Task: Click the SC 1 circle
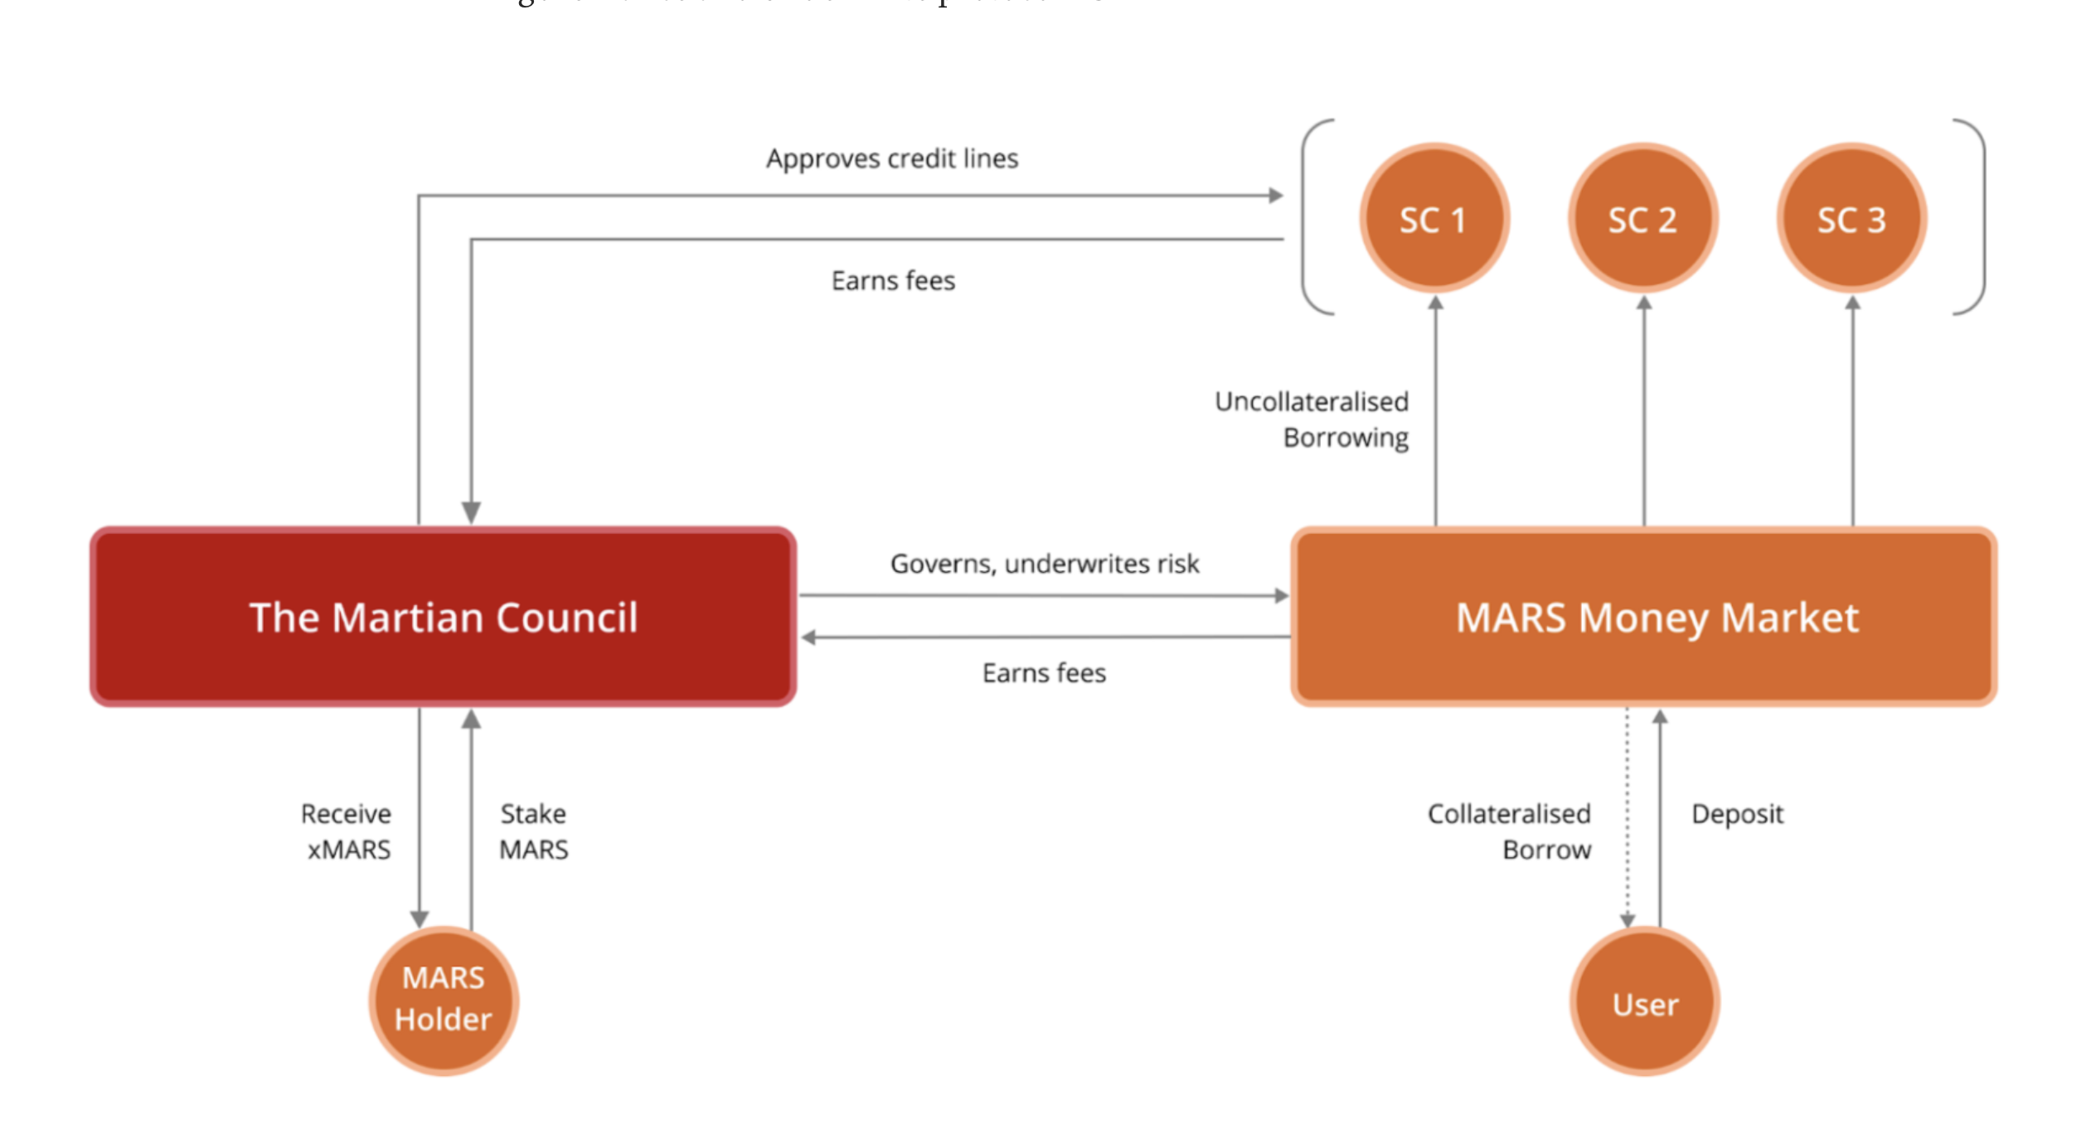pos(1434,218)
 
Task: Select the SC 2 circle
pos(1642,218)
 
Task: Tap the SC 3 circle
pos(1851,218)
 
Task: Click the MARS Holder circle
pos(444,1000)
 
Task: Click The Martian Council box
pos(444,617)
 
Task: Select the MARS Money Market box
pos(1643,617)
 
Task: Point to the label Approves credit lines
pos(892,158)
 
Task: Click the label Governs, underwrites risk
pos(1044,564)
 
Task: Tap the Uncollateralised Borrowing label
pos(1312,419)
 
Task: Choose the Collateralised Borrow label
pos(1509,831)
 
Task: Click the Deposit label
pos(1737,814)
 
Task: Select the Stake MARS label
pos(533,831)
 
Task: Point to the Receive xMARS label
pos(347,831)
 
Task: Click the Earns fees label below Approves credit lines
pos(893,281)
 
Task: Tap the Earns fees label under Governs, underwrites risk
pos(1044,673)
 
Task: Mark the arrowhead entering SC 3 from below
pos(1852,303)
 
